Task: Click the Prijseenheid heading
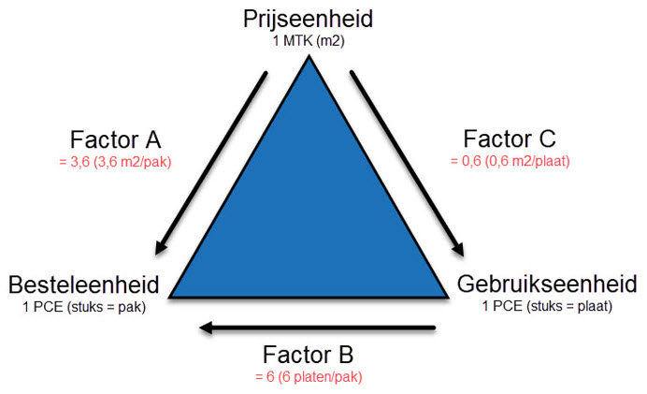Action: [308, 20]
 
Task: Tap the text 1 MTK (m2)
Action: [309, 41]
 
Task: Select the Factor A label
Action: [115, 139]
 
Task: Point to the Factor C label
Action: [510, 139]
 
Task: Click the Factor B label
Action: [308, 355]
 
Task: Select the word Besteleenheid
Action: [84, 285]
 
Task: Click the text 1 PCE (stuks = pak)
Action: [84, 307]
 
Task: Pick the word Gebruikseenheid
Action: [547, 284]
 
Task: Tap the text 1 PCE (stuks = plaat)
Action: [547, 306]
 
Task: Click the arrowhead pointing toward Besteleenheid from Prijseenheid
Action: [160, 247]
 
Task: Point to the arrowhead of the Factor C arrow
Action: [458, 249]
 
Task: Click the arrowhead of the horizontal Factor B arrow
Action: [206, 328]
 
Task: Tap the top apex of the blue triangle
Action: [309, 56]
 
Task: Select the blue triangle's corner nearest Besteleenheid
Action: [169, 297]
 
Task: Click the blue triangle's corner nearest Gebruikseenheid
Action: [448, 297]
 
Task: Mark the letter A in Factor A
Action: [152, 139]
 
